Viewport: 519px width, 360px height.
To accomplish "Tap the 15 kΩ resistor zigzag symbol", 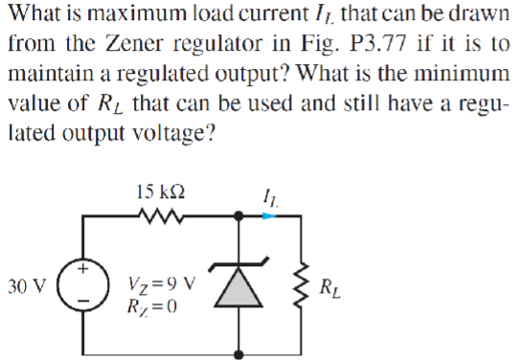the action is [x=161, y=219].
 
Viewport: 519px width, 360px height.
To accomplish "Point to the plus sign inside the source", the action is [x=83, y=271].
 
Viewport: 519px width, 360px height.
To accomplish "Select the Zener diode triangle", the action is [x=237, y=287].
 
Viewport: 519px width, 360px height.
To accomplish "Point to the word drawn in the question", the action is [x=478, y=15].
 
